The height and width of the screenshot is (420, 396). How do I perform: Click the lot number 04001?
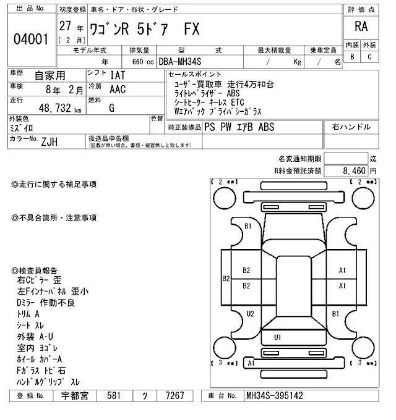(31, 40)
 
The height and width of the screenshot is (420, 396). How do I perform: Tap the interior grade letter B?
(352, 57)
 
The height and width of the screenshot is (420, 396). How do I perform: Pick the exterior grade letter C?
(369, 57)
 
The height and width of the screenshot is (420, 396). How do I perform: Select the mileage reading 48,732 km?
(56, 109)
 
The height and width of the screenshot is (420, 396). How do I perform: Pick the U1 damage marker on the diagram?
(278, 337)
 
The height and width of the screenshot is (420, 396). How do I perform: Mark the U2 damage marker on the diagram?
(251, 314)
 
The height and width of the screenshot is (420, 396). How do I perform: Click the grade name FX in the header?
(191, 31)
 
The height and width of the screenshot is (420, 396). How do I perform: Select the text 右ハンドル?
(351, 127)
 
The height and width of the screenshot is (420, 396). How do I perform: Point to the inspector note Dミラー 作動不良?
(46, 303)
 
